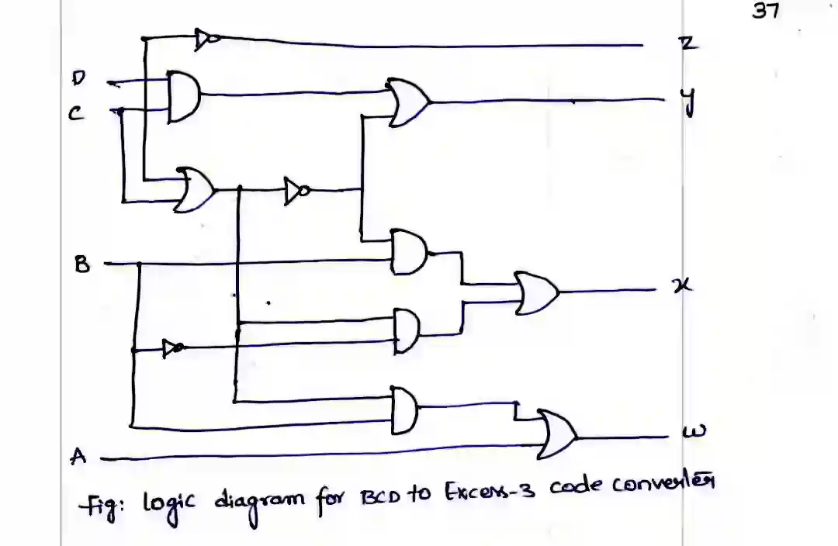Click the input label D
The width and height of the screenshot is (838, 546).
(x=78, y=78)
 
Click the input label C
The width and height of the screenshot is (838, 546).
(x=74, y=114)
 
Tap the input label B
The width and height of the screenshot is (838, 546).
(x=81, y=264)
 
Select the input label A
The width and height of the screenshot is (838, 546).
(x=77, y=456)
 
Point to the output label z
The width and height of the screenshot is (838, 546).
(x=687, y=44)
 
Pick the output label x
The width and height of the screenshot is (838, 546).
(x=683, y=286)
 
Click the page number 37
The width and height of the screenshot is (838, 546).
(x=765, y=11)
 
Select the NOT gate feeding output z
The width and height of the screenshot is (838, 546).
(x=206, y=38)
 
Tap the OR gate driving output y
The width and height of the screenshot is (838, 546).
(x=407, y=102)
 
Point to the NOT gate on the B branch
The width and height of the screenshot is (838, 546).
(x=173, y=348)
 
